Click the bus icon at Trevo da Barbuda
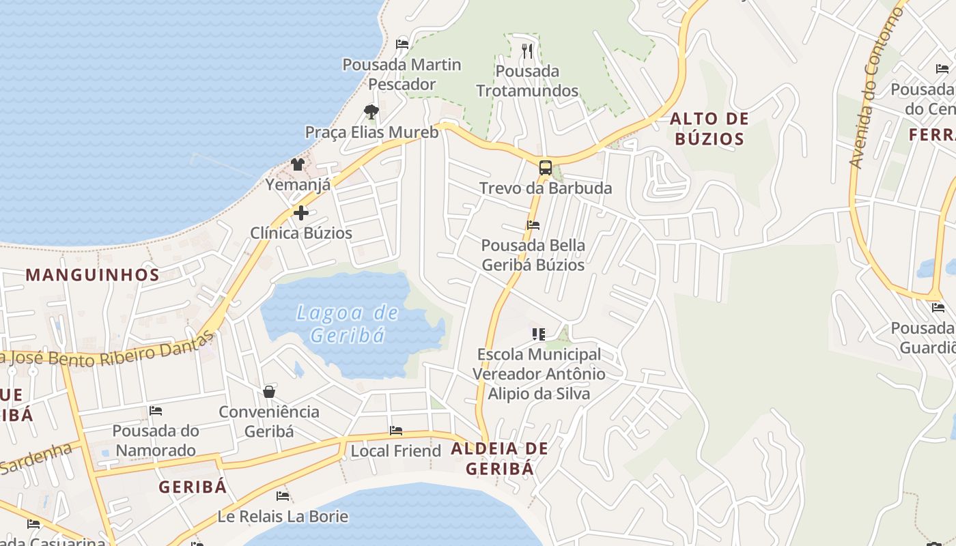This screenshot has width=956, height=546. [x=545, y=167]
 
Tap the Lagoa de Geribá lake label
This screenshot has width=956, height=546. [x=348, y=324]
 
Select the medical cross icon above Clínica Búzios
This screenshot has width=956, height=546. [x=301, y=213]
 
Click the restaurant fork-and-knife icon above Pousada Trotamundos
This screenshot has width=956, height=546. [x=526, y=51]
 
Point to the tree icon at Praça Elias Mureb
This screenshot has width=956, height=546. [x=371, y=111]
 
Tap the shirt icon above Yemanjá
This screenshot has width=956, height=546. [x=298, y=164]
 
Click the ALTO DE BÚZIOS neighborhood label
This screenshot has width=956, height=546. [x=709, y=129]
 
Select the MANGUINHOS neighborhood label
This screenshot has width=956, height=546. [x=92, y=275]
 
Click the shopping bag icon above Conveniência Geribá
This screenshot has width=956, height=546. [x=269, y=392]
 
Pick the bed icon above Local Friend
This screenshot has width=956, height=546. [x=396, y=431]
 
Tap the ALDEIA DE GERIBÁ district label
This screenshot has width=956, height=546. [x=500, y=459]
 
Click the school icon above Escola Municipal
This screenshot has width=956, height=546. [x=539, y=334]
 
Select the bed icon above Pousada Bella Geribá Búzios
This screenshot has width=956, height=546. [x=533, y=225]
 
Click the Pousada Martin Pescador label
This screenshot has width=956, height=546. [x=402, y=74]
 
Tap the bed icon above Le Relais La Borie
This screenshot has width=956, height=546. [x=283, y=495]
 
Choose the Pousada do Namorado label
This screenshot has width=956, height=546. [x=156, y=440]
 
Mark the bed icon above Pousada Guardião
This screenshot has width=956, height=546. [x=938, y=308]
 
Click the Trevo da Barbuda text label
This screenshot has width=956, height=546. [x=545, y=188]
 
